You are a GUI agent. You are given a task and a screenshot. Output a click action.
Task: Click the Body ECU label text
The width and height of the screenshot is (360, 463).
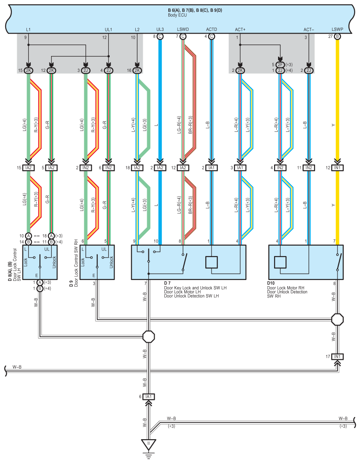click(177, 15)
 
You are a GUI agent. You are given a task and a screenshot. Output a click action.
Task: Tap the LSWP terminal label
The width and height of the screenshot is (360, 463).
click(337, 30)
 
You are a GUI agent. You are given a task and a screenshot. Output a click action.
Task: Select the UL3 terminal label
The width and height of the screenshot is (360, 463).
click(160, 30)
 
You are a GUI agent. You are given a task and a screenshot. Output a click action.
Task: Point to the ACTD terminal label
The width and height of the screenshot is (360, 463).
click(211, 30)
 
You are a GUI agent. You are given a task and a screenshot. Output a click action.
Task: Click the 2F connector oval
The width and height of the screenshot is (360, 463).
click(280, 65)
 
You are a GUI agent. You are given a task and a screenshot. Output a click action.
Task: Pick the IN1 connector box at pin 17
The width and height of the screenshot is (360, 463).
click(337, 357)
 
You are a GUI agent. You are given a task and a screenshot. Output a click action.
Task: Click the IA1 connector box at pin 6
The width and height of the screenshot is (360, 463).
click(148, 396)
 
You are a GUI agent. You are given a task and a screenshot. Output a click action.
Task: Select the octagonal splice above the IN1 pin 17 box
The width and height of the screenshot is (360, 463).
click(337, 319)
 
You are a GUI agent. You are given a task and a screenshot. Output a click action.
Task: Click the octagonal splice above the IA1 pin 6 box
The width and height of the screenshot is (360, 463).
click(148, 336)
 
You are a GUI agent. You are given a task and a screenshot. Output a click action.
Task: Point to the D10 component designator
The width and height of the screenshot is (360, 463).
click(271, 284)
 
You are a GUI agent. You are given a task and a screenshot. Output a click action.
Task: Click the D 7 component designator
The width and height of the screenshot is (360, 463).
click(167, 284)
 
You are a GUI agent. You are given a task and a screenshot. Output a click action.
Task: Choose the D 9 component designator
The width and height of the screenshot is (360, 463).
click(71, 284)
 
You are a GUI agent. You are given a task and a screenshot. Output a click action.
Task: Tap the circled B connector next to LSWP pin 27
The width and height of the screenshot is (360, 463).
click(337, 36)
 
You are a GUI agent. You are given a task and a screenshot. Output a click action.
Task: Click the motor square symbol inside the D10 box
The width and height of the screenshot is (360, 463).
click(280, 262)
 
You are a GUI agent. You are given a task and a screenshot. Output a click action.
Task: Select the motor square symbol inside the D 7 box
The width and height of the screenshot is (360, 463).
click(211, 262)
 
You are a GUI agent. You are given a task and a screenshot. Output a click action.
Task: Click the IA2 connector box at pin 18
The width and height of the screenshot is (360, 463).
click(137, 168)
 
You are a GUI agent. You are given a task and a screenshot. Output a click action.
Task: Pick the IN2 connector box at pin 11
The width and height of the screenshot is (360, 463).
click(308, 168)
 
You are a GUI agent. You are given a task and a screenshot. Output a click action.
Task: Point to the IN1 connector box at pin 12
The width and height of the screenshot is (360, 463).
click(337, 168)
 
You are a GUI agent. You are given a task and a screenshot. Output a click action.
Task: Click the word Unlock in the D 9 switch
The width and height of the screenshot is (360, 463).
click(111, 262)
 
